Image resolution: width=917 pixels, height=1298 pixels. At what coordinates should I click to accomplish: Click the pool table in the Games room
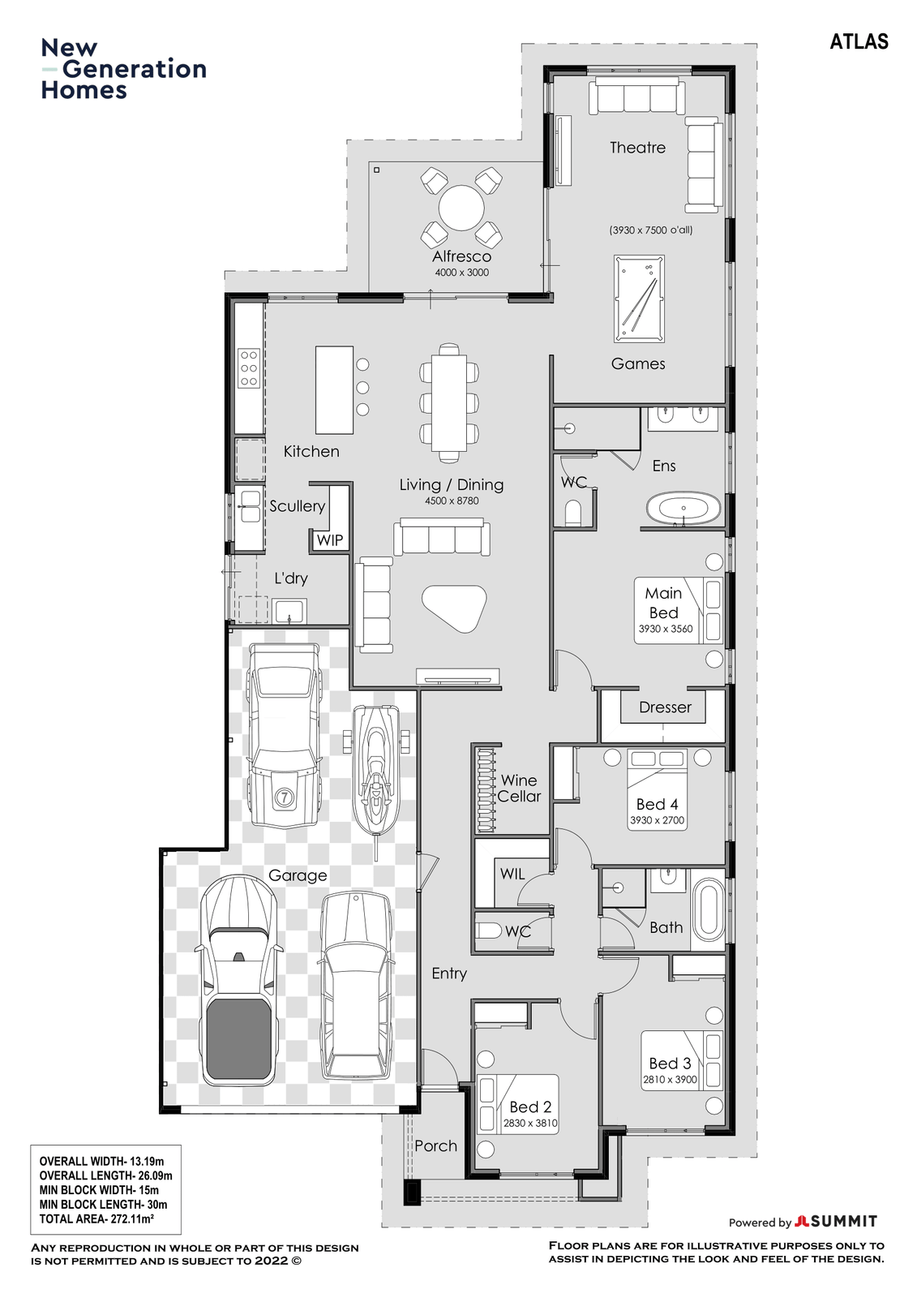click(639, 299)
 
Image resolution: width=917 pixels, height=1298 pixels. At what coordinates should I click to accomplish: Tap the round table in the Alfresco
click(461, 208)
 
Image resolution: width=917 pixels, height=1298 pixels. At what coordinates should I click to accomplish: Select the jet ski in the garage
click(376, 774)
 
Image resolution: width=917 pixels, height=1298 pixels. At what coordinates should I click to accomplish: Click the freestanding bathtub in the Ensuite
click(683, 509)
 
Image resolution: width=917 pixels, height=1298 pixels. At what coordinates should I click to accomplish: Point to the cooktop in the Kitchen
click(249, 367)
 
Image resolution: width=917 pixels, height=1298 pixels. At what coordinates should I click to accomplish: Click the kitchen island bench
click(334, 389)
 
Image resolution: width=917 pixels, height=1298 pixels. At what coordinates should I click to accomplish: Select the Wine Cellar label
click(519, 788)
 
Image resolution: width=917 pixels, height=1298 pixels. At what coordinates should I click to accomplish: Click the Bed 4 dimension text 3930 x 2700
click(657, 820)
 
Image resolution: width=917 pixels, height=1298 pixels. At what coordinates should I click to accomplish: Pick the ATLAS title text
click(859, 41)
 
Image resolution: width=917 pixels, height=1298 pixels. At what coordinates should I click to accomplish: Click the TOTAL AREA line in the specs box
click(96, 1218)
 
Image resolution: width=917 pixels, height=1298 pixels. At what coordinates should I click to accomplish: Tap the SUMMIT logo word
click(844, 1221)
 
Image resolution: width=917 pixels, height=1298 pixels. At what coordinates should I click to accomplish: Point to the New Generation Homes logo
click(123, 69)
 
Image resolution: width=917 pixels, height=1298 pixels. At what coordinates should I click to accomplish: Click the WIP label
click(330, 540)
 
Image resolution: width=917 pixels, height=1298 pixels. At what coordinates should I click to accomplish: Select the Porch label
click(435, 1145)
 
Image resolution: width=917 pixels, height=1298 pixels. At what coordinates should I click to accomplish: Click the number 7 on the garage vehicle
click(284, 797)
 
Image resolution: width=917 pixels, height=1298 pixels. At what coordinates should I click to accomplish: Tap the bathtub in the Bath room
click(709, 909)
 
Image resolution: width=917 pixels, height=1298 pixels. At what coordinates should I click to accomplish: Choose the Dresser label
click(665, 707)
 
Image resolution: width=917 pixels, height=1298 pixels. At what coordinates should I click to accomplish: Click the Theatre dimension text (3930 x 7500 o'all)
click(650, 230)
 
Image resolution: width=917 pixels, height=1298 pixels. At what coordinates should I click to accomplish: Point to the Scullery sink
click(251, 506)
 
